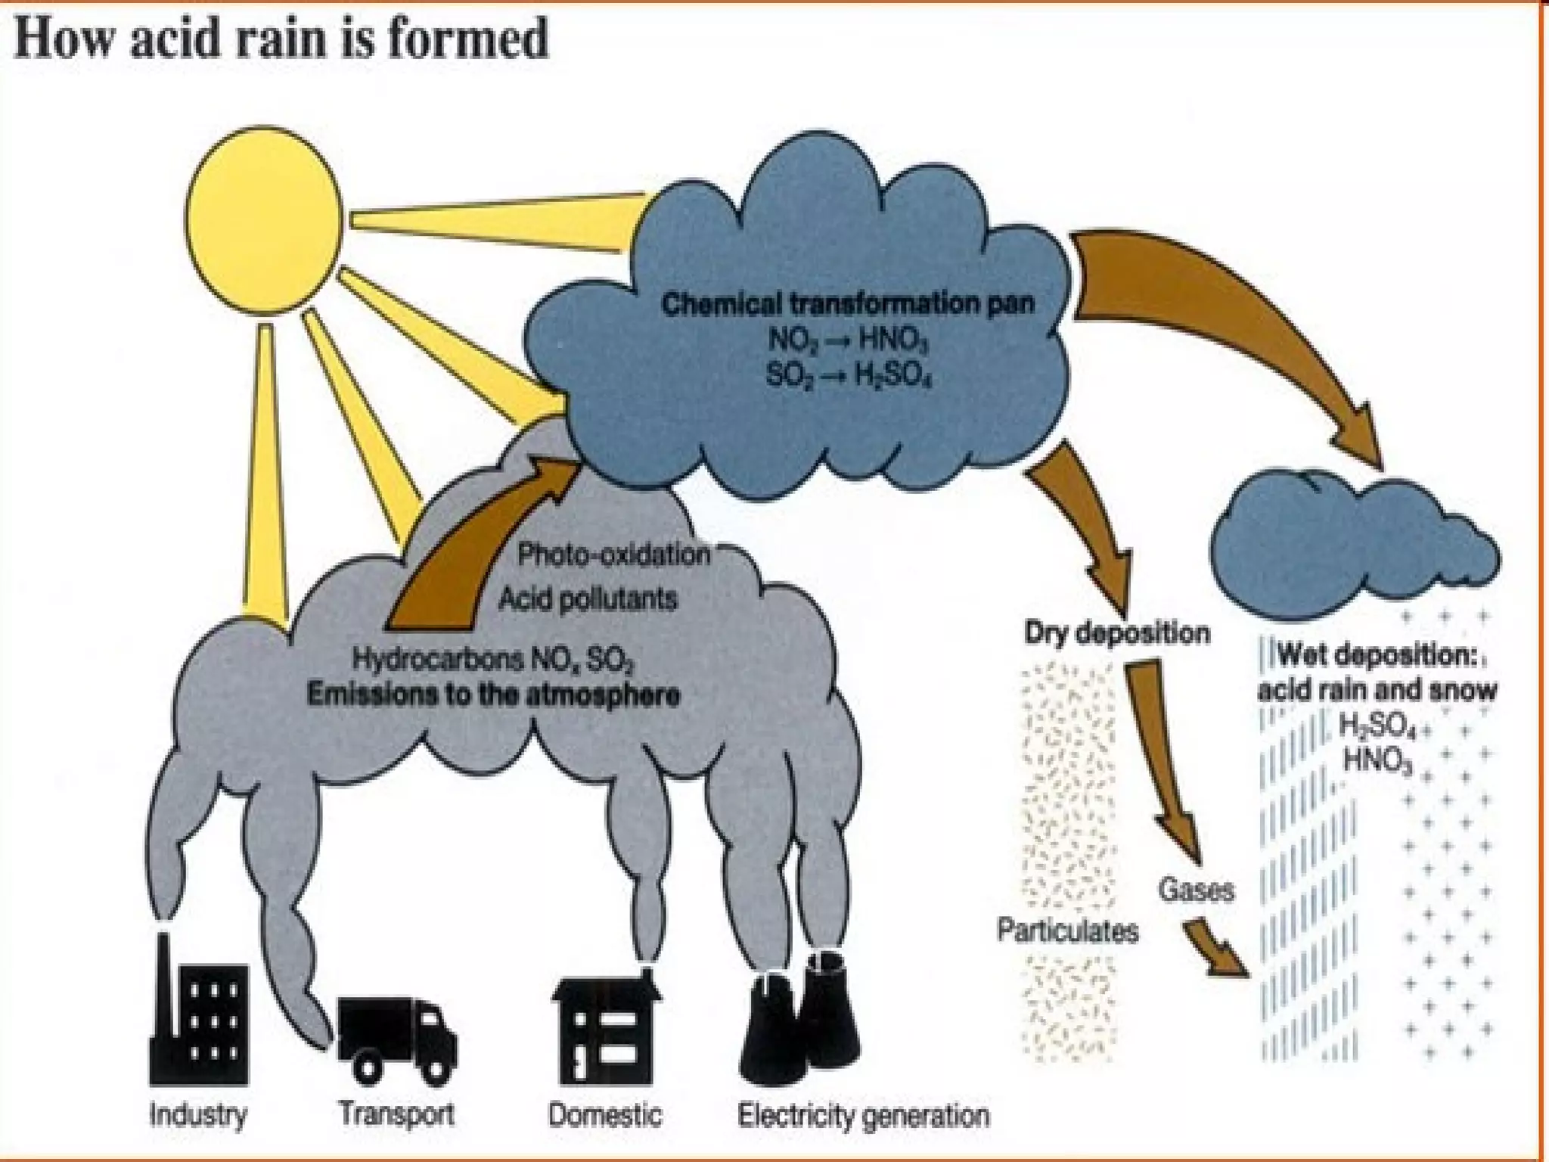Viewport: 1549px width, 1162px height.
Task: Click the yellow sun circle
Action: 264,219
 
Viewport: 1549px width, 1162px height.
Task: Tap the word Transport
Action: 396,1114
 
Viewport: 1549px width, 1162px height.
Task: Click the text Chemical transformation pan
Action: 847,304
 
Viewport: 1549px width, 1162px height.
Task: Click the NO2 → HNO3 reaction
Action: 847,340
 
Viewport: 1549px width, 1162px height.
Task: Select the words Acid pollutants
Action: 588,600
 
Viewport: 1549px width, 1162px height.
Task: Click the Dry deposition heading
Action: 1117,633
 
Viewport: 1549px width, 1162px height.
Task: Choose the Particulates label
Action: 1068,931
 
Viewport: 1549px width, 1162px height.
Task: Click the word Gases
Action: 1196,890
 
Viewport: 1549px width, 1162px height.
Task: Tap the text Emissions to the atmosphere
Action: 493,694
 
